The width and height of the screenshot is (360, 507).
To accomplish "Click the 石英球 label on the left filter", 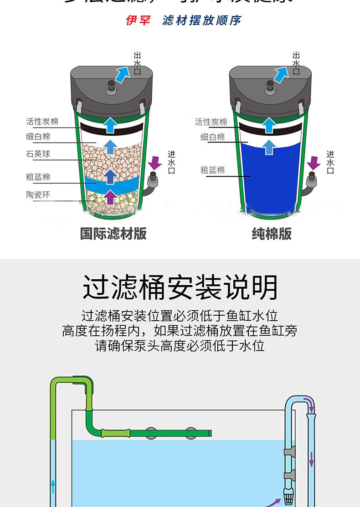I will pos(38,154).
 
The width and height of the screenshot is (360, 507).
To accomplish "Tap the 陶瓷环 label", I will pos(38,195).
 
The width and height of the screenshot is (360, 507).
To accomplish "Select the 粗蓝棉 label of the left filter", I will pos(38,177).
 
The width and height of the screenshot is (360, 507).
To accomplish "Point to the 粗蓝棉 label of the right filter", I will pos(212,170).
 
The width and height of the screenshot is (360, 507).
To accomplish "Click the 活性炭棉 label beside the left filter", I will pos(42,122).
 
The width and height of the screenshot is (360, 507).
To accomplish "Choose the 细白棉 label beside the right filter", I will pos(212,137).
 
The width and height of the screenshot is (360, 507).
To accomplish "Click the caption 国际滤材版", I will pos(113,234).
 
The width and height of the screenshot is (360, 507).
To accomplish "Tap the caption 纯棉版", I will pos(272,234).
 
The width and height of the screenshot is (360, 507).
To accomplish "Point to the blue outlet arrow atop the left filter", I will pos(122,74).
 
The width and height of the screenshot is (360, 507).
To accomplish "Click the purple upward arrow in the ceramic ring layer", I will pos(110,197).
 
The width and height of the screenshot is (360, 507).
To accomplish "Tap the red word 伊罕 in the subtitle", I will pos(138,20).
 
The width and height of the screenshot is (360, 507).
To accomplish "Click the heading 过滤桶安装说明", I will pos(180,287).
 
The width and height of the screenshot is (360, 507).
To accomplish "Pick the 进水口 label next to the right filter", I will pos(330,163).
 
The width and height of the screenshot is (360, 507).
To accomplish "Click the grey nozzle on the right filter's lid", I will pos(270,86).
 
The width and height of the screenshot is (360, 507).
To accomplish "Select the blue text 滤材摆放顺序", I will pos(202,20).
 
